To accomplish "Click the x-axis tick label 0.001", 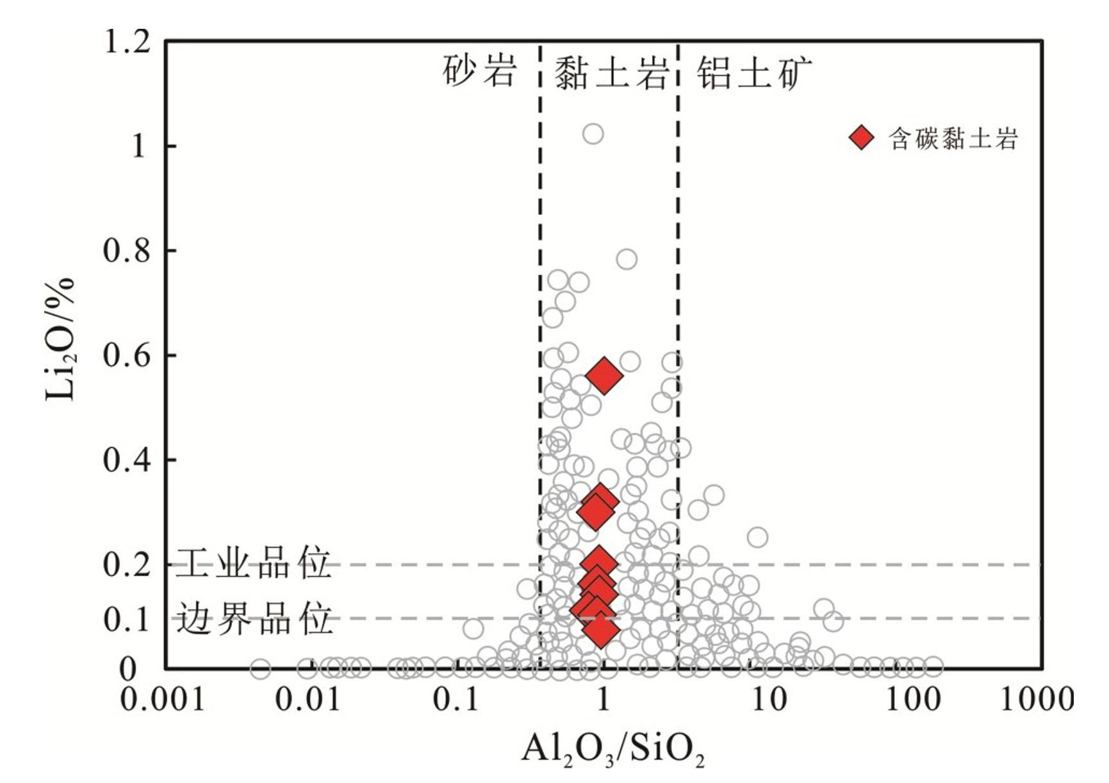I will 163,698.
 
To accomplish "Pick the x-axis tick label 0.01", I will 308,698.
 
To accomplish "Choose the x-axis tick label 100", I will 913,698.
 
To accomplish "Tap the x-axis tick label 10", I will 769,698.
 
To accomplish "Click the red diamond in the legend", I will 862,137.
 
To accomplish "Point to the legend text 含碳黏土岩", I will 953,138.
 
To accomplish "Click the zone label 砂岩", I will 479,71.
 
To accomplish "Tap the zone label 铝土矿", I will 754,72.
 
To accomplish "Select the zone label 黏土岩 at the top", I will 611,72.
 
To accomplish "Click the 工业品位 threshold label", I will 253,563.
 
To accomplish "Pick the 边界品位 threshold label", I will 254,618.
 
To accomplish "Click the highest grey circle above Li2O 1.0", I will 593,134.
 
